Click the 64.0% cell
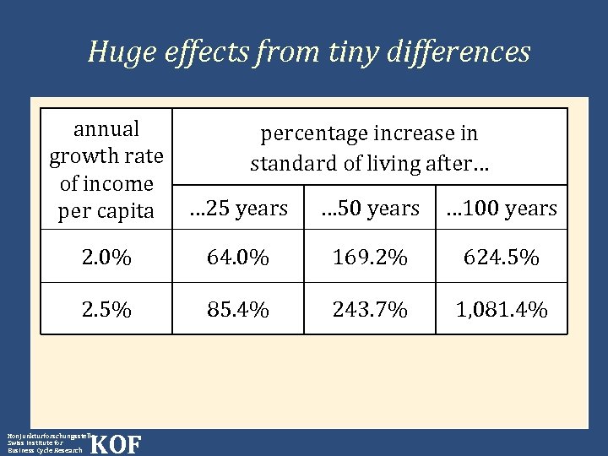tap(237, 258)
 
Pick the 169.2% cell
tap(369, 258)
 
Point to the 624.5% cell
tap(502, 258)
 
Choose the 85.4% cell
tap(237, 310)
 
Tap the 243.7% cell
tap(369, 310)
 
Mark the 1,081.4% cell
tap(502, 310)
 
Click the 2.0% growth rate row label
tap(106, 258)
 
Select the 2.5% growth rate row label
tap(106, 310)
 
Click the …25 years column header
tap(237, 208)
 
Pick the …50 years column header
tap(369, 208)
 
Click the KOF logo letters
tap(116, 444)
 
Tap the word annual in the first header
tap(106, 129)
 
